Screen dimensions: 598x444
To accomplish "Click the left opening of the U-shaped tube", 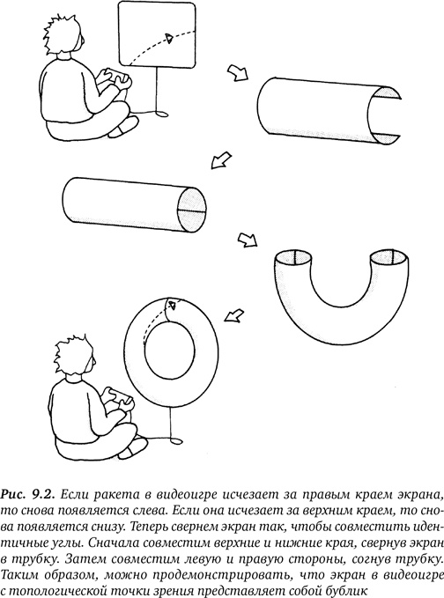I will pos(290,258).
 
